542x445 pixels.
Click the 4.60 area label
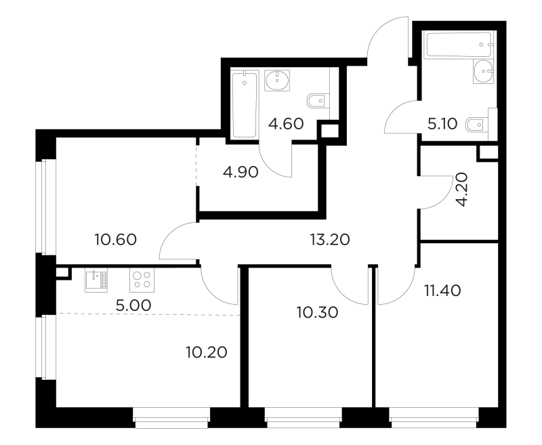(286, 124)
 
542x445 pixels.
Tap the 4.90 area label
(241, 172)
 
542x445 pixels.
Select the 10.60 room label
(116, 239)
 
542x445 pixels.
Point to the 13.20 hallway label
(330, 239)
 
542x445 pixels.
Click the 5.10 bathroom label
(442, 124)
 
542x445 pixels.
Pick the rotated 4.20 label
(461, 190)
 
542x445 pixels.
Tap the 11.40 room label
(442, 291)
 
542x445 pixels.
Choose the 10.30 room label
(317, 312)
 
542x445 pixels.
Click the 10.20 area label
(207, 352)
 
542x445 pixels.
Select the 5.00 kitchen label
(133, 305)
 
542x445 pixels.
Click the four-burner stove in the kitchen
(142, 280)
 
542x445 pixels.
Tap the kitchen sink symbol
(96, 280)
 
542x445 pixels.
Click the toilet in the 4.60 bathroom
(317, 101)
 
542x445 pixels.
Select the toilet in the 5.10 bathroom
(477, 125)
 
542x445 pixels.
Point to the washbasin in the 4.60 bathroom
(277, 81)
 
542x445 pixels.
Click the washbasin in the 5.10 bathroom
(485, 72)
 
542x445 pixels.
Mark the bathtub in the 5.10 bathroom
(459, 45)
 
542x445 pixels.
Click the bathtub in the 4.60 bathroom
(245, 104)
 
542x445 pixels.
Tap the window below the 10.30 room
(303, 418)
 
